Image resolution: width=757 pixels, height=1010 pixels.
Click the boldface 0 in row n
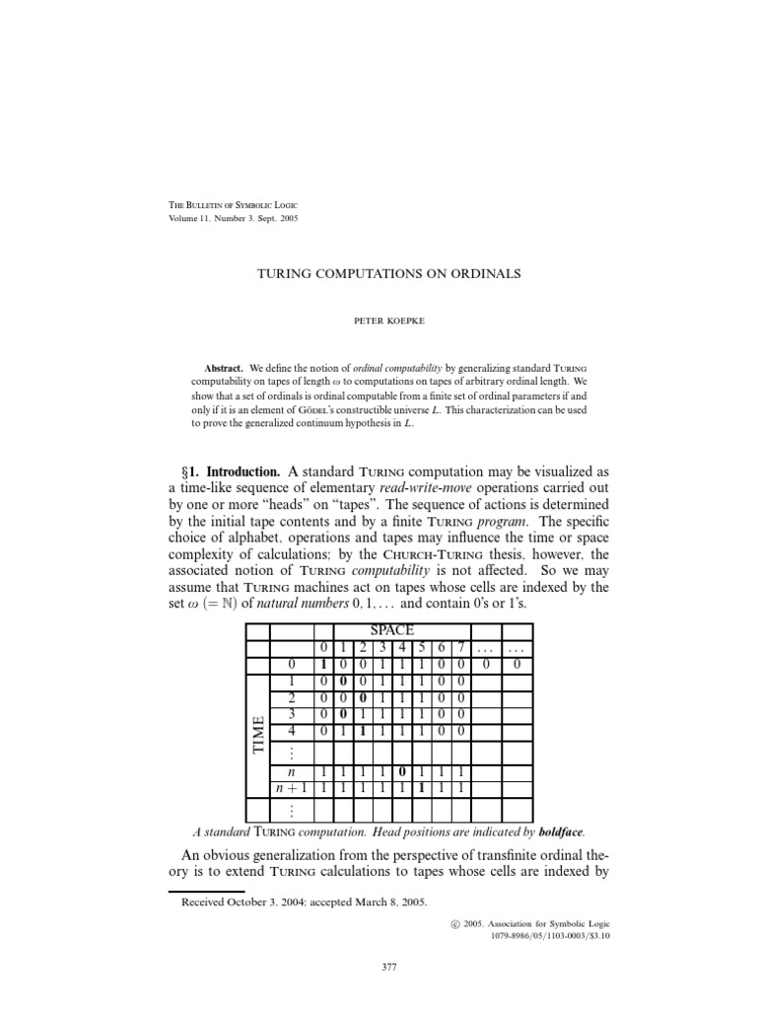coord(402,770)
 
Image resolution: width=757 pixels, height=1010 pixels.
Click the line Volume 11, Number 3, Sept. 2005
coord(233,218)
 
